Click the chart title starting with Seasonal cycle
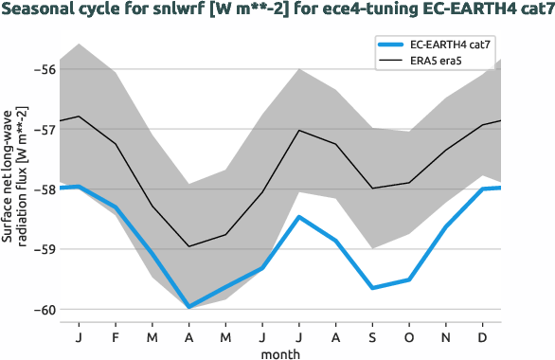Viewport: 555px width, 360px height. (x=277, y=10)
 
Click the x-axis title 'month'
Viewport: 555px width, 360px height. (x=281, y=352)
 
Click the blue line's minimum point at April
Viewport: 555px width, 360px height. (x=188, y=307)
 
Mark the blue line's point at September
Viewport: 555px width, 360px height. (x=372, y=288)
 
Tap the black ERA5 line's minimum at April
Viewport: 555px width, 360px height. (x=188, y=246)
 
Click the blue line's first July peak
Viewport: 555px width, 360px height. (x=299, y=217)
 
